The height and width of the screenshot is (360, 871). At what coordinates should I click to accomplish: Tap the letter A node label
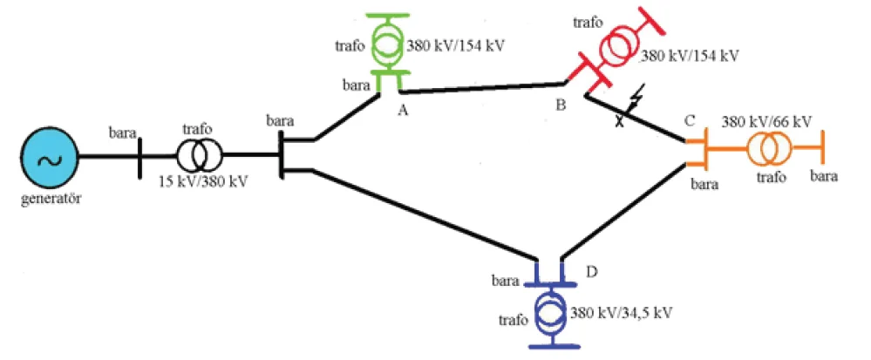pos(404,111)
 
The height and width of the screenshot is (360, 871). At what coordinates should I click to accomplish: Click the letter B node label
pos(561,105)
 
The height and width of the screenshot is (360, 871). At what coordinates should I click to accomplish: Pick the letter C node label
pos(690,120)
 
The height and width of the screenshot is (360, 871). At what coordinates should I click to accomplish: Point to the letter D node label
pos(592,273)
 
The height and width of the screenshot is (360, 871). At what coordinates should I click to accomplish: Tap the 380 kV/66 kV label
pos(766,120)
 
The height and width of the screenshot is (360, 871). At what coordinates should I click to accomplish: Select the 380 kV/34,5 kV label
pos(622,313)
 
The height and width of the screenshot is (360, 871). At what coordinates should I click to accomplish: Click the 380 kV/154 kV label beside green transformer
pos(456,46)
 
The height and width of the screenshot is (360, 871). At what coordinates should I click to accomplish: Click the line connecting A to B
pos(483,88)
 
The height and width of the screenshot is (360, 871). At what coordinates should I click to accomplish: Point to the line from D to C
pos(624,212)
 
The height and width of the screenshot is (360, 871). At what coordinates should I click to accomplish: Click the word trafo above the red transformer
pos(587,23)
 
